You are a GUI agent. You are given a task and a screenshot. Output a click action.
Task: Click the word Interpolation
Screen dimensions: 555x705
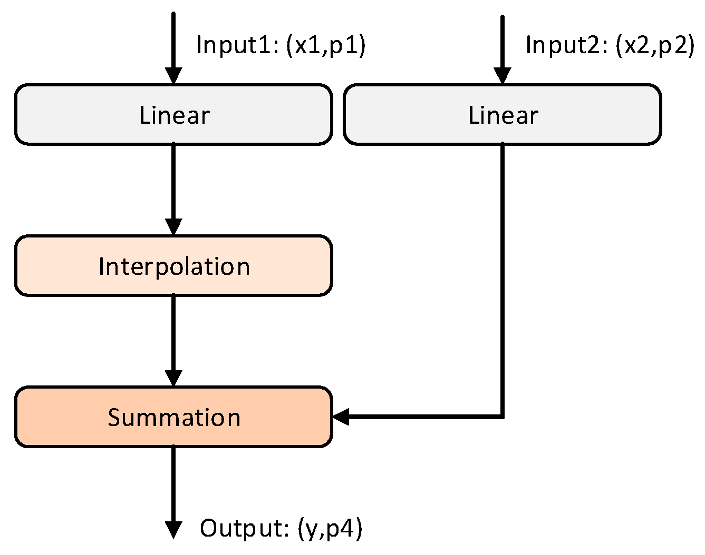click(174, 266)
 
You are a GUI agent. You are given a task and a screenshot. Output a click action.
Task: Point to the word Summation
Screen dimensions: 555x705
click(174, 418)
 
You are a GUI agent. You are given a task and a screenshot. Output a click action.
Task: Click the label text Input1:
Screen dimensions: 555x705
click(237, 45)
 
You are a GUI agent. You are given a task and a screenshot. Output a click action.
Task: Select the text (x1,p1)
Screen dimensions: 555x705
click(325, 45)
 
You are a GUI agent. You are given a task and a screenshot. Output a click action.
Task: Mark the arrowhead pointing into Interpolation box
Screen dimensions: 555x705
click(173, 227)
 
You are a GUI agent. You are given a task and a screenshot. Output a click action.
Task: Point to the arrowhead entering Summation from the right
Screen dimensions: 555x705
click(341, 417)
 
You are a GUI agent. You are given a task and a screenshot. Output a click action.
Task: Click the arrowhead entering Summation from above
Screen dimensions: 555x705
click(173, 378)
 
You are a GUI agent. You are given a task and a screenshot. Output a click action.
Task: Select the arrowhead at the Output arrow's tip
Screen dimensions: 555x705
click(173, 530)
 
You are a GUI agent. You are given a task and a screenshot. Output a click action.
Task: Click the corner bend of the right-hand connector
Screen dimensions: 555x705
click(502, 417)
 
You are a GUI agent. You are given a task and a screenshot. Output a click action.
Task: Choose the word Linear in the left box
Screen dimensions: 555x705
click(174, 115)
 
